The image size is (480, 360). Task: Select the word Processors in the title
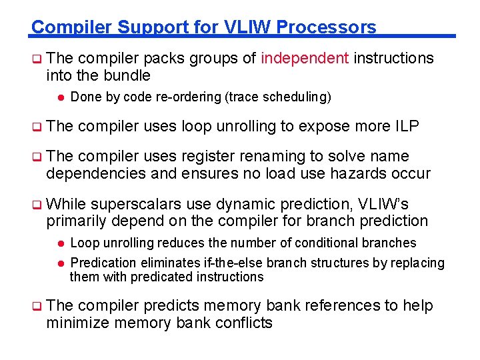point(326,27)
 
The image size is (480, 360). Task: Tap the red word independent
point(305,59)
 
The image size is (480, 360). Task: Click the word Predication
point(103,263)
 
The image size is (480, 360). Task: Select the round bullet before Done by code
point(59,97)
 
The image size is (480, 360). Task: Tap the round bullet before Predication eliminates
point(59,263)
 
